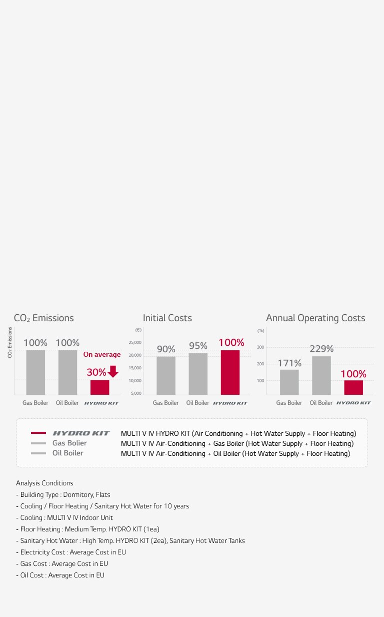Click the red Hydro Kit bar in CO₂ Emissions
[99, 387]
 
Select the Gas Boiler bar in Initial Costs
[166, 375]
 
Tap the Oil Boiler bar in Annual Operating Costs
[321, 375]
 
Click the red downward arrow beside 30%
[113, 372]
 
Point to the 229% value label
[321, 349]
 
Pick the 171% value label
[289, 363]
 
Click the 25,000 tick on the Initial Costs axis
[135, 343]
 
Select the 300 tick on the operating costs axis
[260, 347]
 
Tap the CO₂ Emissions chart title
[43, 318]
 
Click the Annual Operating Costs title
[315, 318]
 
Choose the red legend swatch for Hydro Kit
[38, 433]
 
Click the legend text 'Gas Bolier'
[69, 443]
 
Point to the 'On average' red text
[101, 354]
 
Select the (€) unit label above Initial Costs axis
[138, 330]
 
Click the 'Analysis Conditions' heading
[44, 483]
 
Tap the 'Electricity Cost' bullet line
[73, 552]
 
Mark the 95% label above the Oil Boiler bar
[198, 346]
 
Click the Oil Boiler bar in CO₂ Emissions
[67, 372]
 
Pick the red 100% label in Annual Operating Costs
[353, 374]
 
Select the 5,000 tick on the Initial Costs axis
[135, 393]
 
